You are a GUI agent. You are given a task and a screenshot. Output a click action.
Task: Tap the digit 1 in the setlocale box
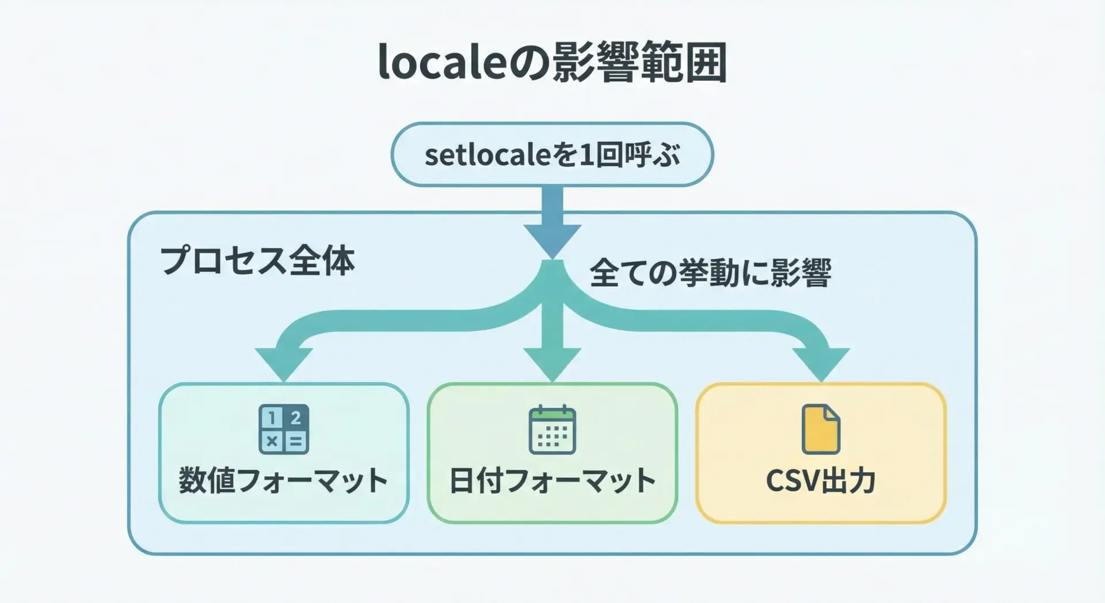coord(586,155)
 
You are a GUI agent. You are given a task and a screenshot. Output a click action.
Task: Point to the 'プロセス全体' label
coord(257,261)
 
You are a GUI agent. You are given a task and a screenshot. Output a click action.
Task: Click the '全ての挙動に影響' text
coord(710,273)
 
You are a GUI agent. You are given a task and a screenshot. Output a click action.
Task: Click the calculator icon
coord(284,429)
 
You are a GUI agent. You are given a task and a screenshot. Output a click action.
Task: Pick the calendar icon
coord(552,430)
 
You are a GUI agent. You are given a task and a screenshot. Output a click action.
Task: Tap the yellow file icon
coord(821,430)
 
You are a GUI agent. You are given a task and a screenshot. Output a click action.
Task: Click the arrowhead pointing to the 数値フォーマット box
coord(284,363)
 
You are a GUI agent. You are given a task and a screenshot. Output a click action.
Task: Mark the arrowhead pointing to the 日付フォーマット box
coord(552,363)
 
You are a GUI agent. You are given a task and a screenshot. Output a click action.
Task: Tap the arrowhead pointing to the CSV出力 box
coord(821,363)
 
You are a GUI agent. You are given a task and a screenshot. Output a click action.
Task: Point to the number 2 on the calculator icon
coord(296,418)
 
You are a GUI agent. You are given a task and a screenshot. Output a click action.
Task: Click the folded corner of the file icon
coord(832,414)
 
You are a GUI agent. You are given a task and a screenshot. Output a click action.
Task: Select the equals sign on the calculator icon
coord(296,442)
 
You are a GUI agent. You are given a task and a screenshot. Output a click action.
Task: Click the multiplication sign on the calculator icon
coord(272,442)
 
